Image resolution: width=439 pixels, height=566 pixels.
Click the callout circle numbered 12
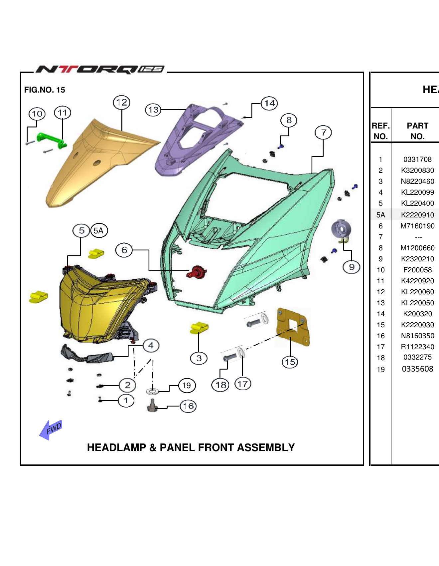pos(121,102)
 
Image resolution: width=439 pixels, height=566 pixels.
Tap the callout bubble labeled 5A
pos(99,230)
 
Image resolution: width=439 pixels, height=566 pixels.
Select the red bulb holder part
pos(197,272)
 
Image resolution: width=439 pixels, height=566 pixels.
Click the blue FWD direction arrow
pos(50,430)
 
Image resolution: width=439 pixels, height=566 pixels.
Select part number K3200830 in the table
pos(417,170)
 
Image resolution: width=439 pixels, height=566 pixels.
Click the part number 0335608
pos(417,369)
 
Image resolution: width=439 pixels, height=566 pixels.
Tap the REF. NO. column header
pos(380,131)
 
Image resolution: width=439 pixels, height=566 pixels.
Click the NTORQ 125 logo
pos(100,69)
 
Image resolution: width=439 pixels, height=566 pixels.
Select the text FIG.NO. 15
pos(45,90)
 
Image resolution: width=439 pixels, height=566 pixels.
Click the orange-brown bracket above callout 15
pos(293,326)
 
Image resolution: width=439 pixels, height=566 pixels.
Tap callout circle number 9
pos(352,267)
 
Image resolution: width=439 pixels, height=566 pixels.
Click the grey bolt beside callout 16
pos(153,406)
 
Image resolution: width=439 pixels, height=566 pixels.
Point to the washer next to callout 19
pos(152,391)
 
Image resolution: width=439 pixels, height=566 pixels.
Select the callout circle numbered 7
pos(323,133)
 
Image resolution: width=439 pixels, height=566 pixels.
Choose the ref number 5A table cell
pos(380,215)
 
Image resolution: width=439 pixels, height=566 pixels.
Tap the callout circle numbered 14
pos(269,103)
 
